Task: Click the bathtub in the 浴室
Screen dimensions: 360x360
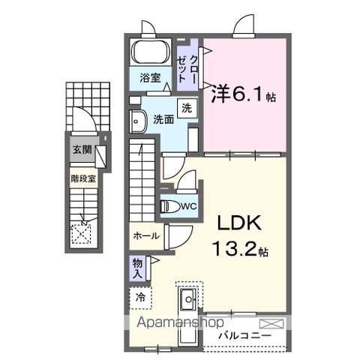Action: click(151, 52)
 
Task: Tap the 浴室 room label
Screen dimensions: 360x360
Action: click(150, 78)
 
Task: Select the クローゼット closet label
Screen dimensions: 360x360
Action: click(187, 69)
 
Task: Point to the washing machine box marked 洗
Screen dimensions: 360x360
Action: click(187, 109)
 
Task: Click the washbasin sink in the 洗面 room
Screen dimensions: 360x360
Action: click(138, 121)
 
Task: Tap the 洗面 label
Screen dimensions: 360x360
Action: click(163, 119)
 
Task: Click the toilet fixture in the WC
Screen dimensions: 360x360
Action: click(170, 206)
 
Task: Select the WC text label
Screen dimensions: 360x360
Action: click(189, 206)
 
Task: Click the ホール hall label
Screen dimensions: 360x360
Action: click(146, 235)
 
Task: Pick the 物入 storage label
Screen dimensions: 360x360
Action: click(137, 268)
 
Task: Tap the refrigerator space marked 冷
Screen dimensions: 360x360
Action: click(140, 298)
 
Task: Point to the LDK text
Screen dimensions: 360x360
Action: click(239, 223)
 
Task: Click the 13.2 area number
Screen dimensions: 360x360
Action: click(235, 250)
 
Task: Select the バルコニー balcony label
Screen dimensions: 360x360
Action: click(244, 336)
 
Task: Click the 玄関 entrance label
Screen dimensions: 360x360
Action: click(82, 150)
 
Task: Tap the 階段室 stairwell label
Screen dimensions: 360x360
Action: click(83, 178)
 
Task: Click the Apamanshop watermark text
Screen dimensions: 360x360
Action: click(180, 322)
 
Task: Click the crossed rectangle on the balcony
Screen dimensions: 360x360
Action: click(271, 323)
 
